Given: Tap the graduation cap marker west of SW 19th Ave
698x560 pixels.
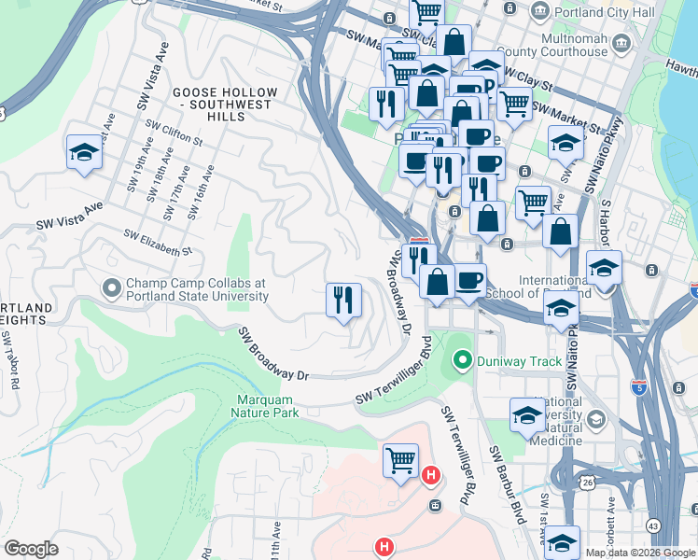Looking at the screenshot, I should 84,153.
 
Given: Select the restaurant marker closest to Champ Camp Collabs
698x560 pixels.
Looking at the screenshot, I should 343,301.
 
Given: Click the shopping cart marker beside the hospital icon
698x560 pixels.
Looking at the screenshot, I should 400,461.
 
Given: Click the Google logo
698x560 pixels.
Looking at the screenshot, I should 31,549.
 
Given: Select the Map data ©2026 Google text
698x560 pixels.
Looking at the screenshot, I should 639,553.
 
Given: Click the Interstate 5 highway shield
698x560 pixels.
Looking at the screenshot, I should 639,385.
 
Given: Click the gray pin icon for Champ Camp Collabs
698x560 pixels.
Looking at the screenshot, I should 112,287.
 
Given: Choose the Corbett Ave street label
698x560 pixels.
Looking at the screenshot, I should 611,516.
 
